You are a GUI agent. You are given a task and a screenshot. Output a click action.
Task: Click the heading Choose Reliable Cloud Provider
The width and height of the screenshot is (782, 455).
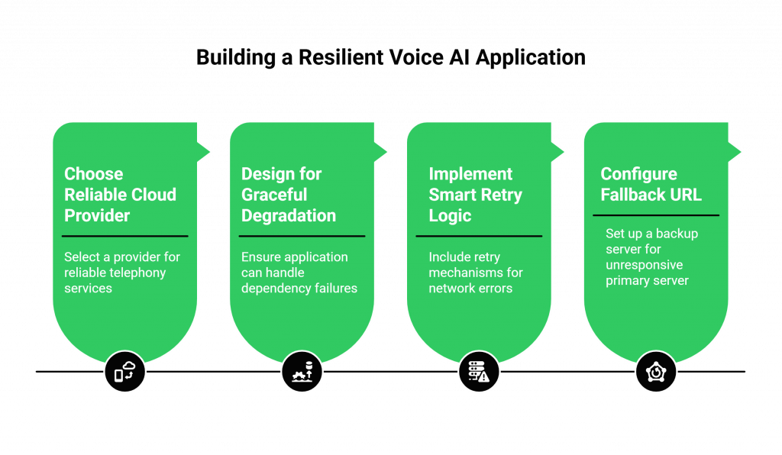(120, 195)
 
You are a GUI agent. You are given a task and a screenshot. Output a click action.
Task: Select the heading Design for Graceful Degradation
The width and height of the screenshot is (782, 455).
(289, 195)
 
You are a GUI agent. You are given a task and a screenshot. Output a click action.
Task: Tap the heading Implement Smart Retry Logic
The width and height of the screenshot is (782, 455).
(475, 195)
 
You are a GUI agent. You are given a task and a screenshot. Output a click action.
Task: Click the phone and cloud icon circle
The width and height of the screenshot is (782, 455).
(124, 372)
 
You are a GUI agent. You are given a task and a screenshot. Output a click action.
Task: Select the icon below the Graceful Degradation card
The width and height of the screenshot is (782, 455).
(302, 372)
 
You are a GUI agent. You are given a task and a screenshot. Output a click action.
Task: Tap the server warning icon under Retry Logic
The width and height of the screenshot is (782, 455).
(479, 372)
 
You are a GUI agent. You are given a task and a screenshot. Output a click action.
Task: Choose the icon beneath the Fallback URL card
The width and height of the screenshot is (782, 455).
(656, 372)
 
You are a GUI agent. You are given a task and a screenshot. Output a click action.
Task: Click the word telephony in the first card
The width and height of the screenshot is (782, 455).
(137, 273)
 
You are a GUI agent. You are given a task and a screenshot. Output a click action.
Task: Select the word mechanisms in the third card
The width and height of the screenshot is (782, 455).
(465, 273)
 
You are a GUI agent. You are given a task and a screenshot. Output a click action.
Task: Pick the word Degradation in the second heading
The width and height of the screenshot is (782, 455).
(289, 216)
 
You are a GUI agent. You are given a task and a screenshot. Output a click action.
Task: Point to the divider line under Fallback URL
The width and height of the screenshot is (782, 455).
(656, 215)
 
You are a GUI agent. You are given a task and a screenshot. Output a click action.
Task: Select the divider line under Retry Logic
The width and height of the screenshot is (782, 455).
(479, 236)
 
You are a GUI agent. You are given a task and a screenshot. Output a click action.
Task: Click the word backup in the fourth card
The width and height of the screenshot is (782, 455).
(678, 234)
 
